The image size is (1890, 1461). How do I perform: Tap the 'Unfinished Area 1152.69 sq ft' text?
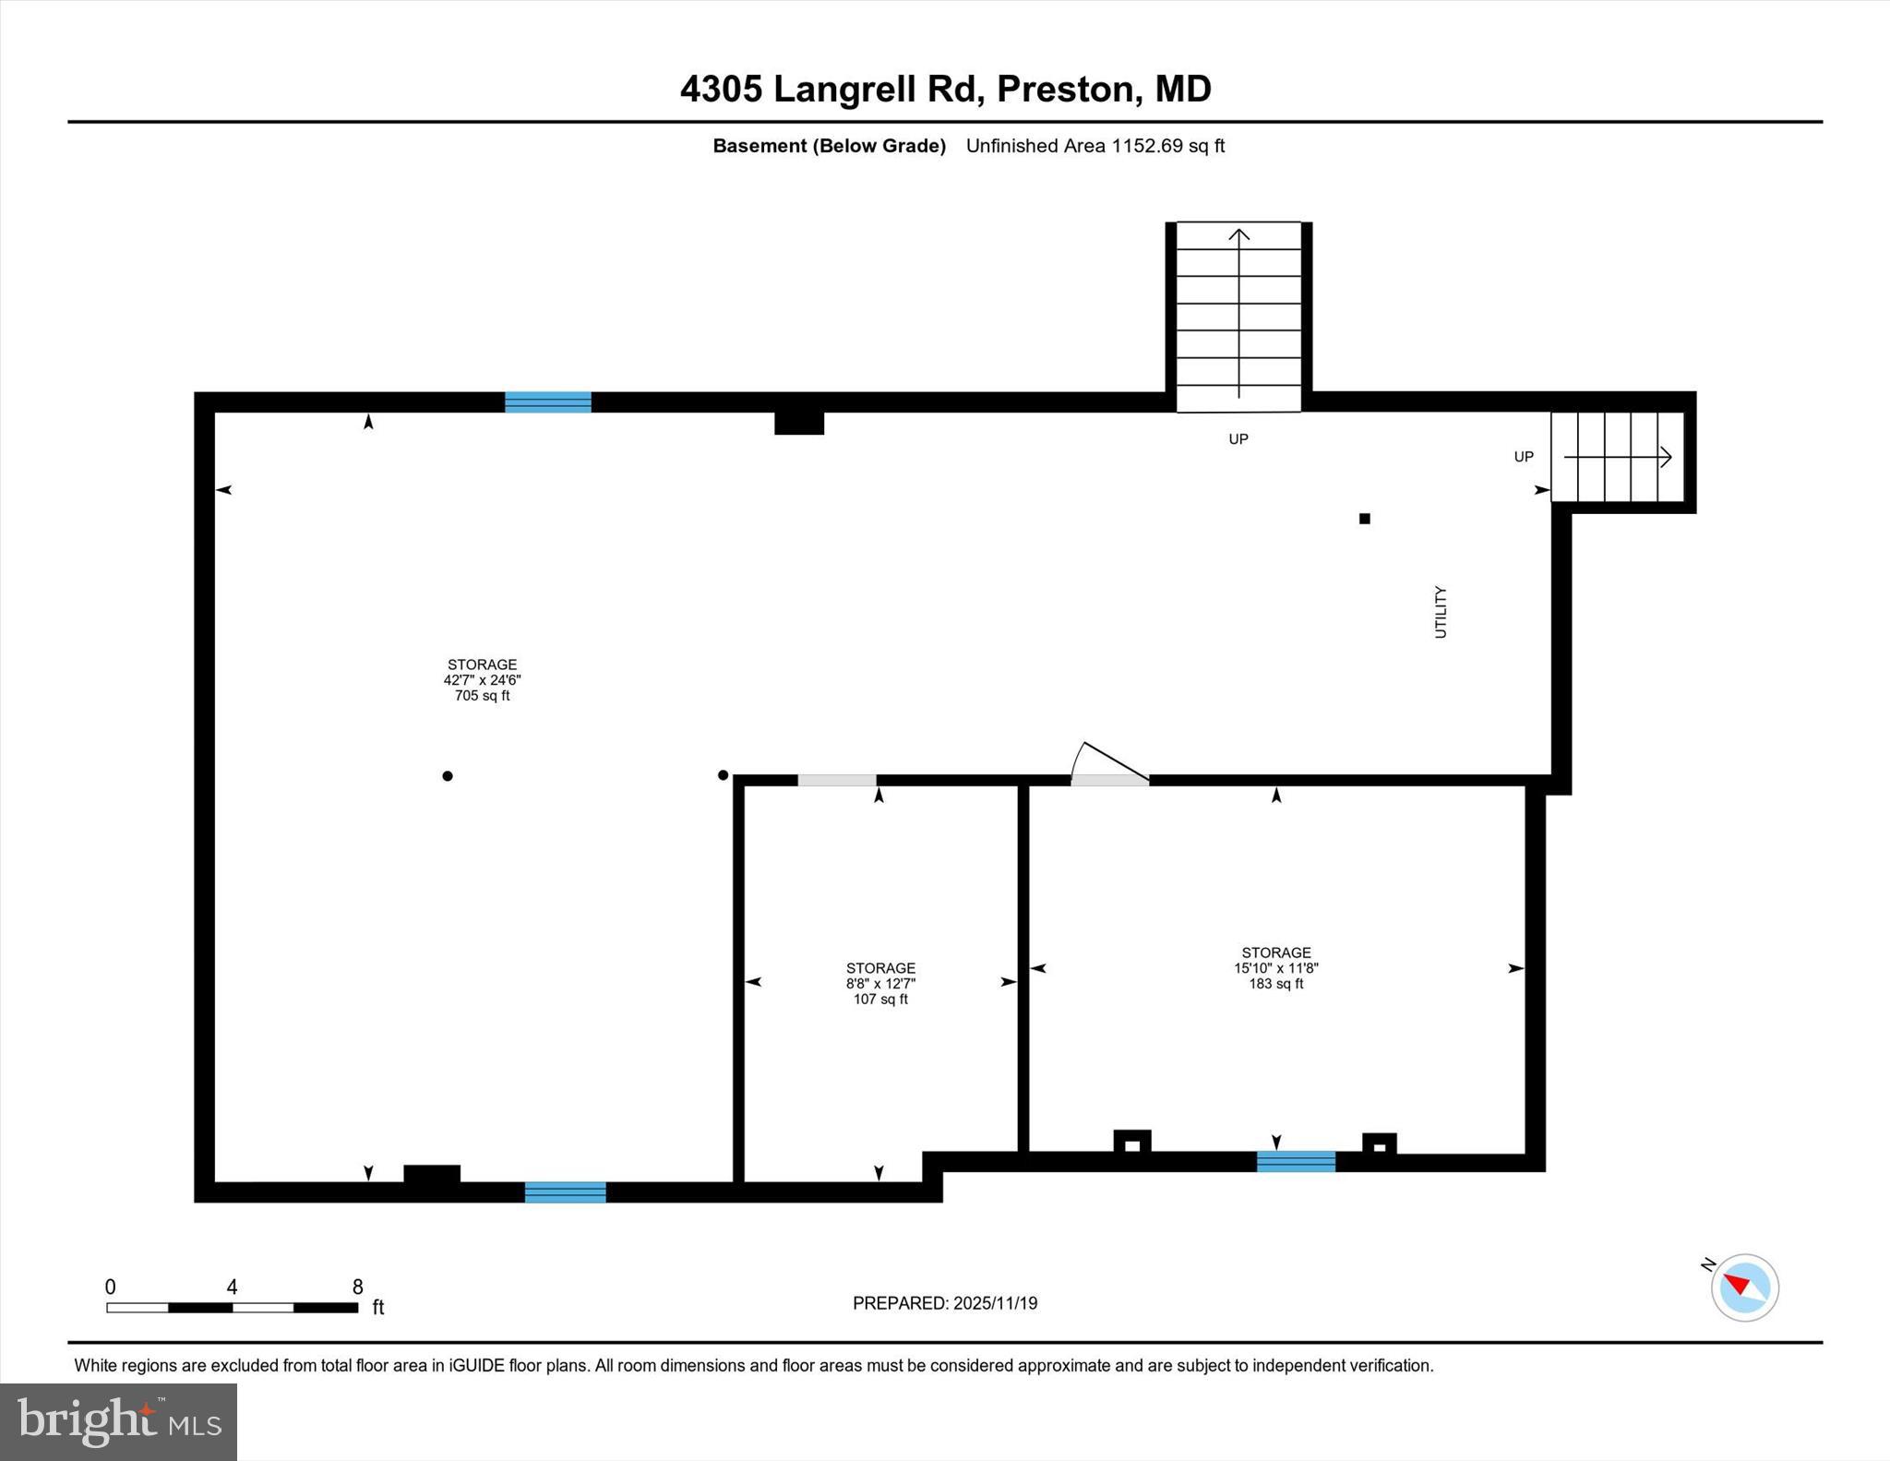[x=1095, y=146]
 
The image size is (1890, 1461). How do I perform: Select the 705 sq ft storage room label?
[x=482, y=680]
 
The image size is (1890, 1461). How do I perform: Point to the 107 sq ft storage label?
[x=880, y=984]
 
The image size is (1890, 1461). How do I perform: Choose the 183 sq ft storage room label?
[x=1275, y=968]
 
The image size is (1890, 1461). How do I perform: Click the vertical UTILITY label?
[x=1441, y=612]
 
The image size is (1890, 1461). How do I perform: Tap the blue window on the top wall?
[x=547, y=402]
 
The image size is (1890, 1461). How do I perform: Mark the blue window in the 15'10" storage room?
[x=1296, y=1162]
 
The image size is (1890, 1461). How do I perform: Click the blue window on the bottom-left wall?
[x=565, y=1192]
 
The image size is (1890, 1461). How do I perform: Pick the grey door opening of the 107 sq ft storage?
[x=836, y=781]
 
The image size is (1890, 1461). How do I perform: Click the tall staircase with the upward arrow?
[x=1238, y=316]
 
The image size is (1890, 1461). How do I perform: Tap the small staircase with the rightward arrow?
[x=1617, y=457]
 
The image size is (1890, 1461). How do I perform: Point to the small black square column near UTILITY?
[x=1364, y=519]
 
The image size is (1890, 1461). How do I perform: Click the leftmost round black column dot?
[x=448, y=776]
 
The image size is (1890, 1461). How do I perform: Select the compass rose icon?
[x=1743, y=1287]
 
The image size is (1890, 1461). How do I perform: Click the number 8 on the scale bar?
[x=357, y=1287]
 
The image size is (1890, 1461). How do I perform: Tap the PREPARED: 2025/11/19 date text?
[x=945, y=1303]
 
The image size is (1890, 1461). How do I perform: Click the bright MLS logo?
[x=119, y=1421]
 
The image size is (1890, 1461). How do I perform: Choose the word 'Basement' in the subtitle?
[x=760, y=146]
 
